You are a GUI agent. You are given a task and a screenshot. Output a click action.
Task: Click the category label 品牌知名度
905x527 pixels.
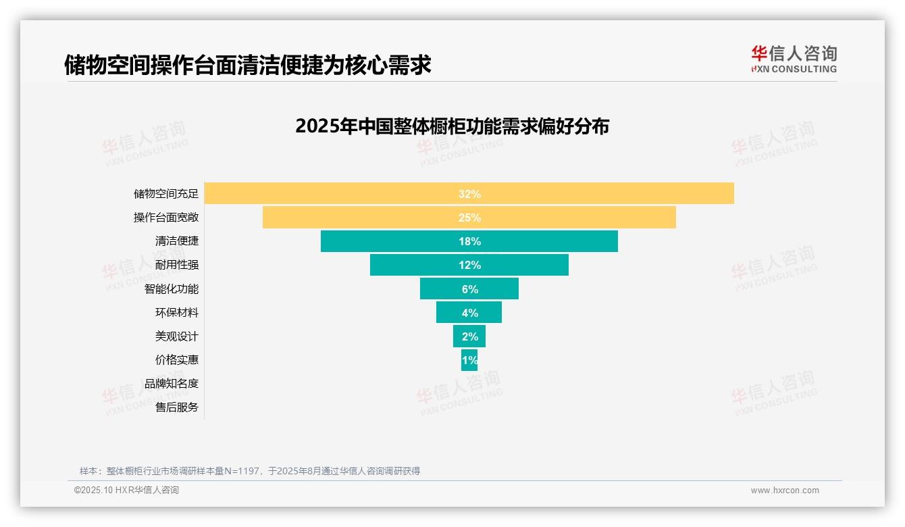coord(172,384)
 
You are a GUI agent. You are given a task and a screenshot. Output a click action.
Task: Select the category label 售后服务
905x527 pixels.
coord(177,407)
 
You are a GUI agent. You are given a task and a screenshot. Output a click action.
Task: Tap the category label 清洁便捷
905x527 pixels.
coord(177,241)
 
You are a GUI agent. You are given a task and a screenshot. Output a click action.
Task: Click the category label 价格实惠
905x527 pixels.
coord(177,360)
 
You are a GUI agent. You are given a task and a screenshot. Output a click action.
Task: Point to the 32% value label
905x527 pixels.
coord(469,194)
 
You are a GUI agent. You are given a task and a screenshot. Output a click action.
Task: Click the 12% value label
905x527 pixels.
coord(469,265)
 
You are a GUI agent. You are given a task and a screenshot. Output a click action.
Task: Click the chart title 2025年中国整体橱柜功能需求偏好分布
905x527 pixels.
coord(452,126)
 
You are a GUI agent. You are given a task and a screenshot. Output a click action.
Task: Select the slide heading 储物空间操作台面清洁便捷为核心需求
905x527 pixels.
coord(247,66)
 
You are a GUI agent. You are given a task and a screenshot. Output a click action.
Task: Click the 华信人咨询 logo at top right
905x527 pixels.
coord(794,59)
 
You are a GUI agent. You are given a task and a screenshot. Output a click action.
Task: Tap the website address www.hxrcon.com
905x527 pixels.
coord(785,491)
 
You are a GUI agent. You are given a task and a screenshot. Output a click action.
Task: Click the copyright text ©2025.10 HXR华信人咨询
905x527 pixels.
coord(126,491)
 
